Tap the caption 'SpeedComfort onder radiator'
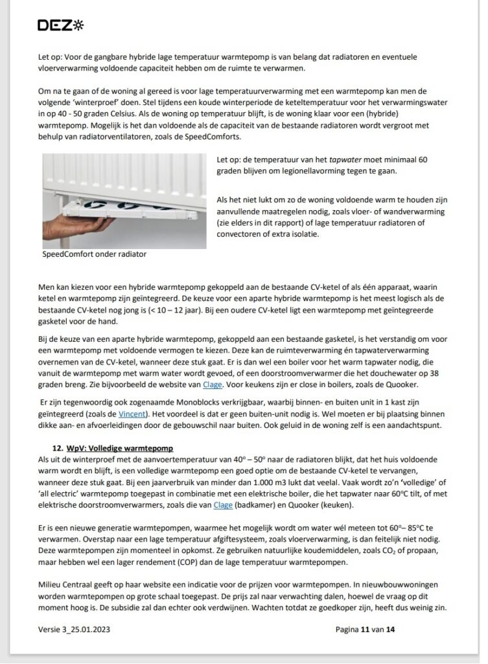click(94, 254)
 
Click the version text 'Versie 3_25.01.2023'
click(80, 628)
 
